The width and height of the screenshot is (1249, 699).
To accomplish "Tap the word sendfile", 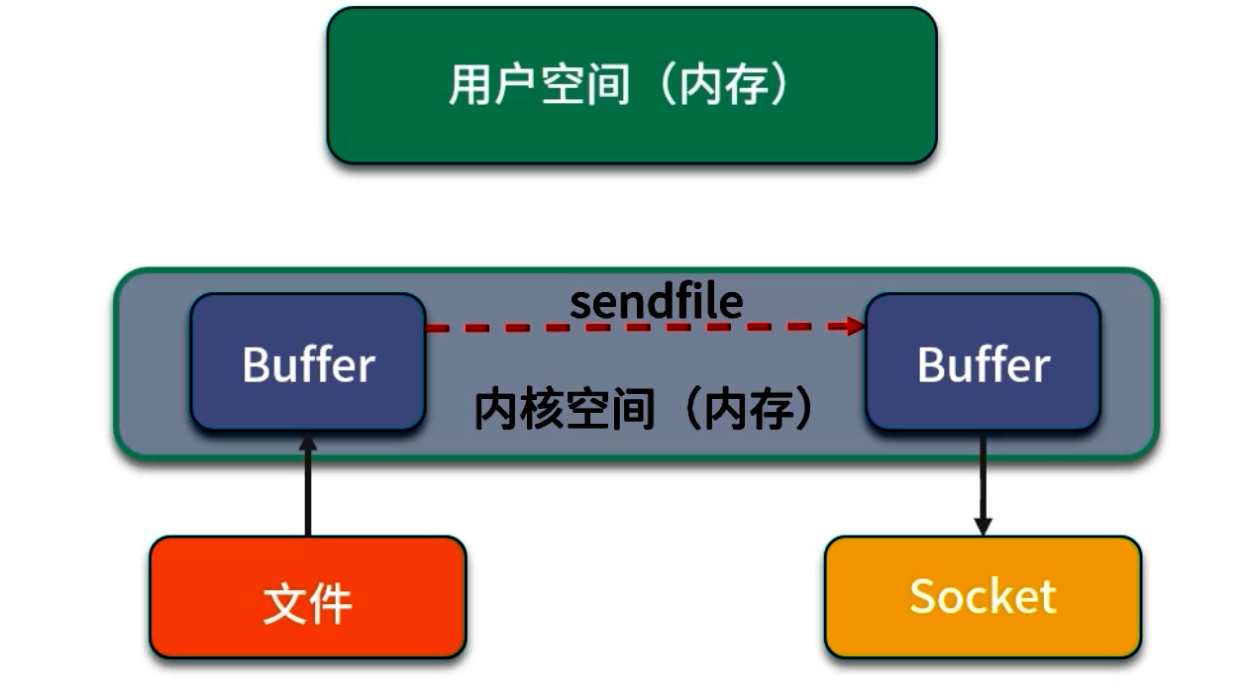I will [x=656, y=302].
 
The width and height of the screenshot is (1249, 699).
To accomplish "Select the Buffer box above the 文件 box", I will [x=308, y=361].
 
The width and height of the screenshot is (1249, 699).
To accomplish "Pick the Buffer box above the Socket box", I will [x=983, y=361].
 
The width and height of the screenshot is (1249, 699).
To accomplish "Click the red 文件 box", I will [x=308, y=597].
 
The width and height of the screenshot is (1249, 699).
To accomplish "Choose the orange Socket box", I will [x=983, y=597].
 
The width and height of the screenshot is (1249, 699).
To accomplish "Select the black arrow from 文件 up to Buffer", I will [x=308, y=490].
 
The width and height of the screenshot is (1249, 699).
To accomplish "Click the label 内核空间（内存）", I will [x=645, y=409].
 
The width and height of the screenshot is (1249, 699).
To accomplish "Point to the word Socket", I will [x=983, y=596].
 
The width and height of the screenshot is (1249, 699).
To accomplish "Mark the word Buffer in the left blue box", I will [x=308, y=364].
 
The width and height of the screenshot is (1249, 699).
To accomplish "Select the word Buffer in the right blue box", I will [x=983, y=364].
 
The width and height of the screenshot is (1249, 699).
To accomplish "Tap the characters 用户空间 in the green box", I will [x=539, y=85].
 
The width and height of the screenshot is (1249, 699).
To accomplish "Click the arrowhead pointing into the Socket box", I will [x=983, y=526].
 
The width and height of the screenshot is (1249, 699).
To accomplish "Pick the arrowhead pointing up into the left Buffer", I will [x=308, y=443].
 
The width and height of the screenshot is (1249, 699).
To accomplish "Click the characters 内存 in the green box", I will [x=727, y=85].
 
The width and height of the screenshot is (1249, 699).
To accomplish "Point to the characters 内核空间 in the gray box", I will [x=565, y=409].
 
